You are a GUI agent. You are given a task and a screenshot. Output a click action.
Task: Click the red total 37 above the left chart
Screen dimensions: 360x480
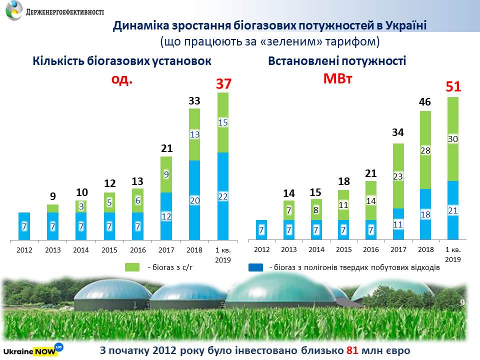tap(223, 84)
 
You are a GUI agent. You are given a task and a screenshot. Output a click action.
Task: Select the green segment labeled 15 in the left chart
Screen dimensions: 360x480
tap(223, 122)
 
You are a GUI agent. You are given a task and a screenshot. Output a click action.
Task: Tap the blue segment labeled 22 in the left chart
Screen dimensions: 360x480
tap(223, 196)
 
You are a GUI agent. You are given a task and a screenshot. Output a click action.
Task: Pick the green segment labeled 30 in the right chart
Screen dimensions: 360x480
tap(452, 139)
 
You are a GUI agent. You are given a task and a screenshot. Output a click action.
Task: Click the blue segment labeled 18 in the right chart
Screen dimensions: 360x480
tap(425, 214)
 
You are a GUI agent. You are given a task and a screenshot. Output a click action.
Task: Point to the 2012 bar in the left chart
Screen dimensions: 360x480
tap(24, 226)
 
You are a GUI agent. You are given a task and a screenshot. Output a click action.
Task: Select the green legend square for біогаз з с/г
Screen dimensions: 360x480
tap(132, 267)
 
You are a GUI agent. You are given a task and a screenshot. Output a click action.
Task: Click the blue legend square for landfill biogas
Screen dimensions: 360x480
tap(255, 267)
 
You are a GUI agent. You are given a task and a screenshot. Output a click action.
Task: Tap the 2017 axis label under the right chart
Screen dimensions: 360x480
tap(398, 249)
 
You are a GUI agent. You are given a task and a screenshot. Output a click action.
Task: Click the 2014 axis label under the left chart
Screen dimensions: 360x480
tap(81, 249)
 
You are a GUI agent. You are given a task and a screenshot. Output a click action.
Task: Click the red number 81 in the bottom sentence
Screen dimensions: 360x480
tap(352, 350)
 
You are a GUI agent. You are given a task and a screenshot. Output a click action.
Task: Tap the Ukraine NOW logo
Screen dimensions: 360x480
tap(33, 349)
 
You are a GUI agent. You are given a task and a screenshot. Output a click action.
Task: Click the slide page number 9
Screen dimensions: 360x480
tap(462, 301)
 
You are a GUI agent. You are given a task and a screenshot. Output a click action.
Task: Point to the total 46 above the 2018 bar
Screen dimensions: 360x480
tap(425, 102)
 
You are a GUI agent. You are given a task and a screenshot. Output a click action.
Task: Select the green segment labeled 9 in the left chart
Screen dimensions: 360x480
tap(166, 174)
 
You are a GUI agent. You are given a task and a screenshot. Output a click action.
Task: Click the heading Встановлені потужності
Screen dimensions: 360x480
tap(337, 61)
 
